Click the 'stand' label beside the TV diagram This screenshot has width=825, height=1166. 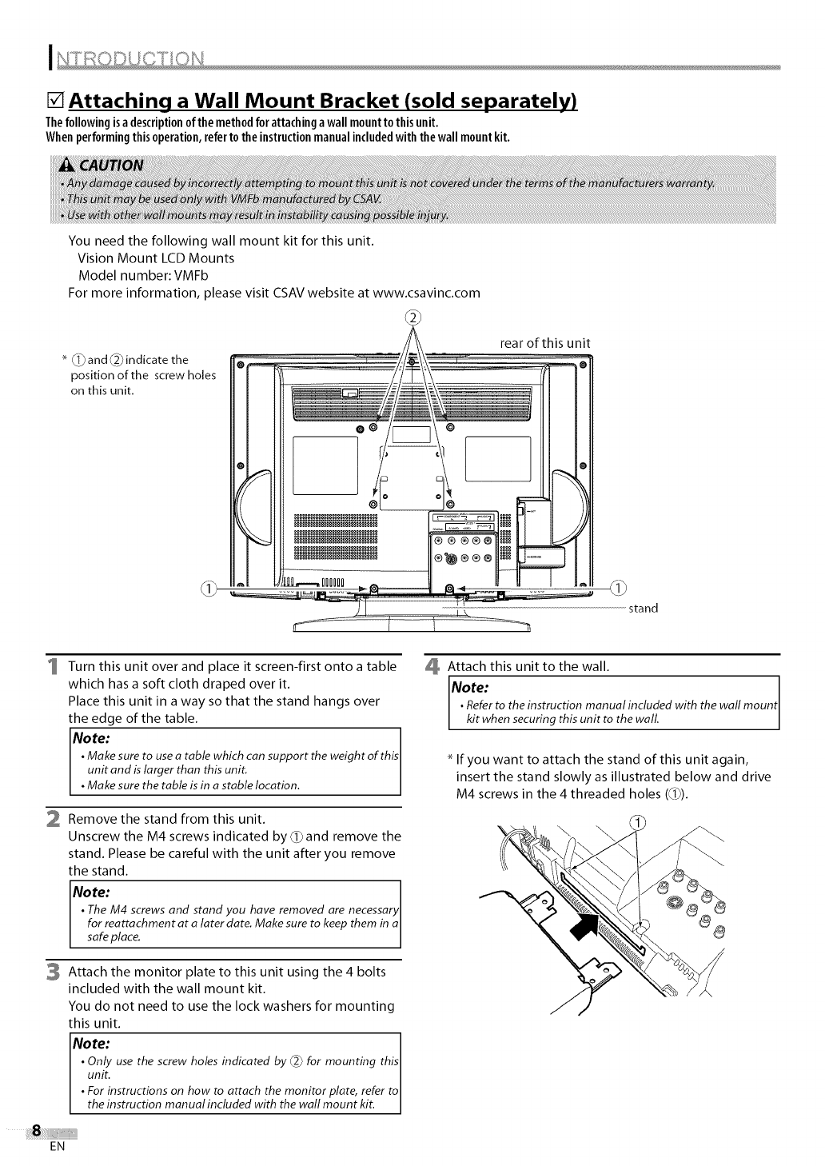click(x=644, y=608)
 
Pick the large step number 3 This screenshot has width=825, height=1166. click(x=51, y=972)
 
